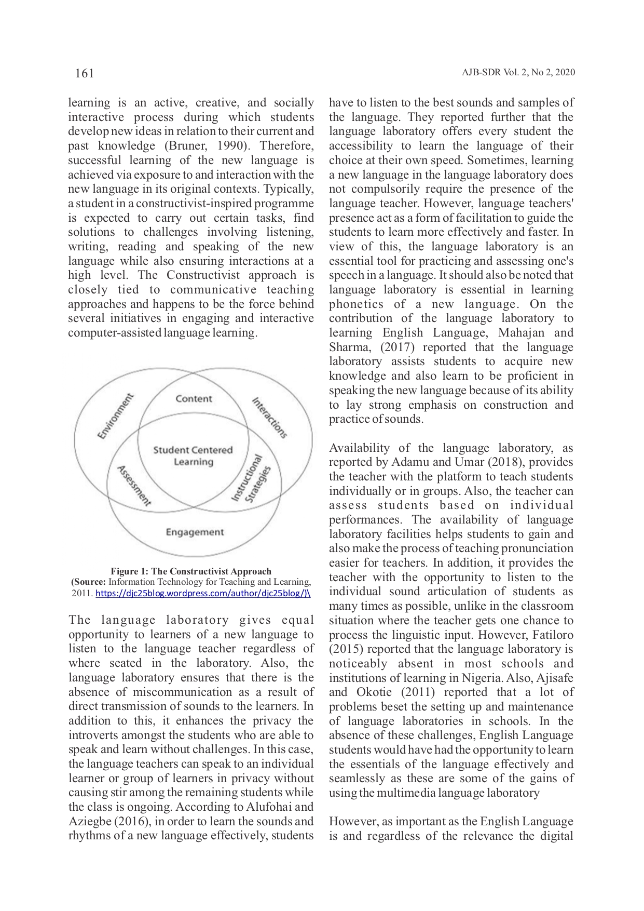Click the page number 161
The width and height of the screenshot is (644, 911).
point(85,73)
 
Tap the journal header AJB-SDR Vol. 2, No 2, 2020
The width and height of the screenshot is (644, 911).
point(518,73)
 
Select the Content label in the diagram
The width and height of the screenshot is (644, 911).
point(194,399)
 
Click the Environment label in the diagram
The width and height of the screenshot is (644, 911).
point(116,417)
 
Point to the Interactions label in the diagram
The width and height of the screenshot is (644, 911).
point(269,418)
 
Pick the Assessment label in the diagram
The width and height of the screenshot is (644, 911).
point(133,486)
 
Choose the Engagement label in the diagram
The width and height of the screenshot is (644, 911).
point(195,532)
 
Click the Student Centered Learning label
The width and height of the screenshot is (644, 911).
point(193,456)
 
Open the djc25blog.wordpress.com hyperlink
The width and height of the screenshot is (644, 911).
point(203,594)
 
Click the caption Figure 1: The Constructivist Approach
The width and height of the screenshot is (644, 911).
point(191,571)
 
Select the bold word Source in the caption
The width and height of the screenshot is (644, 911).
point(90,582)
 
